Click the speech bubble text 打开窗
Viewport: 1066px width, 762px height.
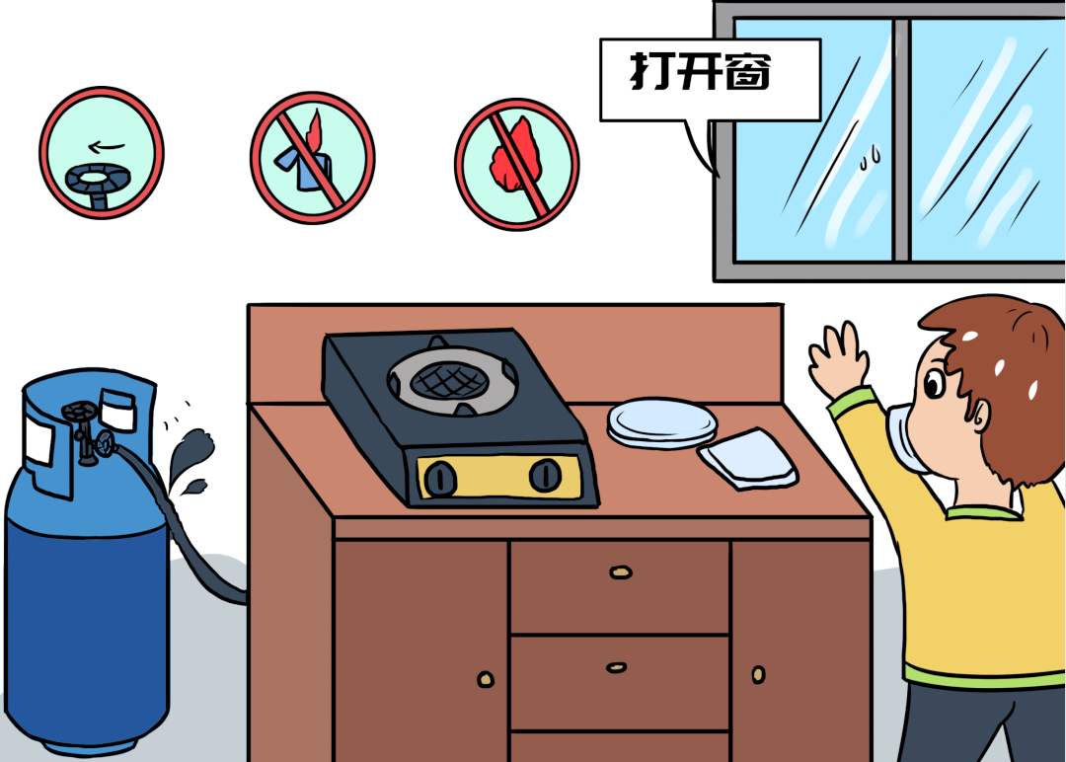coord(700,71)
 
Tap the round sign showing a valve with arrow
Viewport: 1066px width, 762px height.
coord(102,153)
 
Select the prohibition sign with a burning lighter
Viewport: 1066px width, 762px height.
coord(312,158)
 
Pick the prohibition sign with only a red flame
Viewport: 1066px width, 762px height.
coord(516,164)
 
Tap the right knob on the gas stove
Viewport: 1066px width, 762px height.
coord(545,475)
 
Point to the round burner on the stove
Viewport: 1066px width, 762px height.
coord(452,379)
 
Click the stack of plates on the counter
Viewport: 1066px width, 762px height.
coord(662,423)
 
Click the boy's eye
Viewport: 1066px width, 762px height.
coord(934,384)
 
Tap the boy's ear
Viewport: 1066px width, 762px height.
coord(980,414)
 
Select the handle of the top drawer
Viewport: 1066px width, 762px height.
coord(621,572)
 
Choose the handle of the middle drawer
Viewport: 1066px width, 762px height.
coord(617,667)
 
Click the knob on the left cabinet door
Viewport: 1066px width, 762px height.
coord(486,678)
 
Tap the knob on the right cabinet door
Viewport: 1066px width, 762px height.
coord(758,674)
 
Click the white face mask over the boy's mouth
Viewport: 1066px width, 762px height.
coord(904,437)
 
